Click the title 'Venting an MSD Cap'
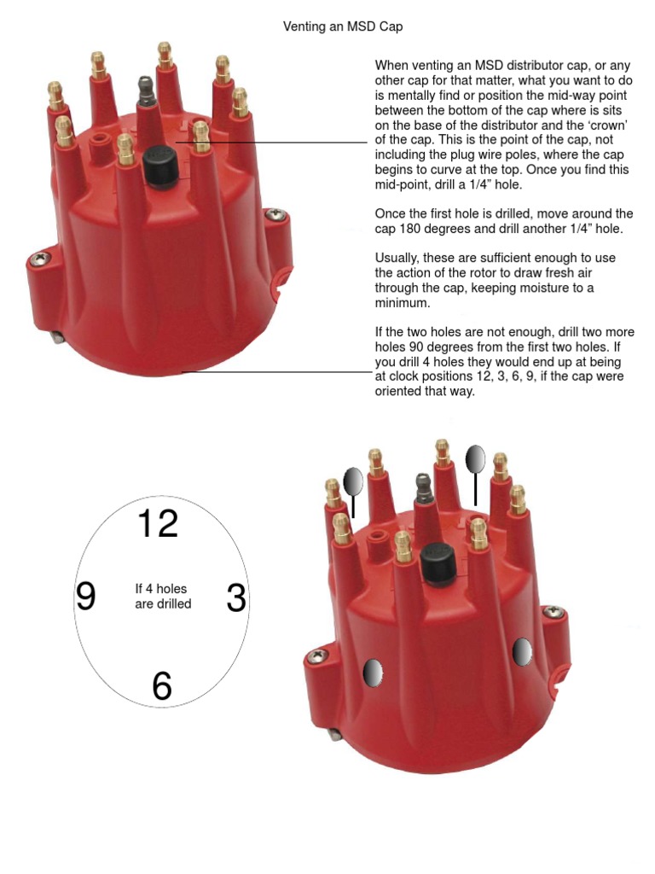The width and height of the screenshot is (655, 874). coord(342,26)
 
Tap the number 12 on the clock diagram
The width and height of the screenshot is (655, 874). coord(158,523)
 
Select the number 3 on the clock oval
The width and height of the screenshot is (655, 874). coord(236,599)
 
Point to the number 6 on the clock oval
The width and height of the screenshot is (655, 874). coord(162,685)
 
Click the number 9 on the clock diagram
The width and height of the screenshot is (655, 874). coord(85,597)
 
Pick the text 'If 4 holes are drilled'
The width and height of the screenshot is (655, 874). coord(162,596)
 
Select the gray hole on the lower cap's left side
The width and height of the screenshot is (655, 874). coord(372,673)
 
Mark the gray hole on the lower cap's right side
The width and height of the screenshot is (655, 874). coord(522,652)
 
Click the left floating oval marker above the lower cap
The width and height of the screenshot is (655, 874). coord(353,482)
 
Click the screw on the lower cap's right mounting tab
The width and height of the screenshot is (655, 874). coord(556,611)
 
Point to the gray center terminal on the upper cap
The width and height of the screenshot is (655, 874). coord(145,89)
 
